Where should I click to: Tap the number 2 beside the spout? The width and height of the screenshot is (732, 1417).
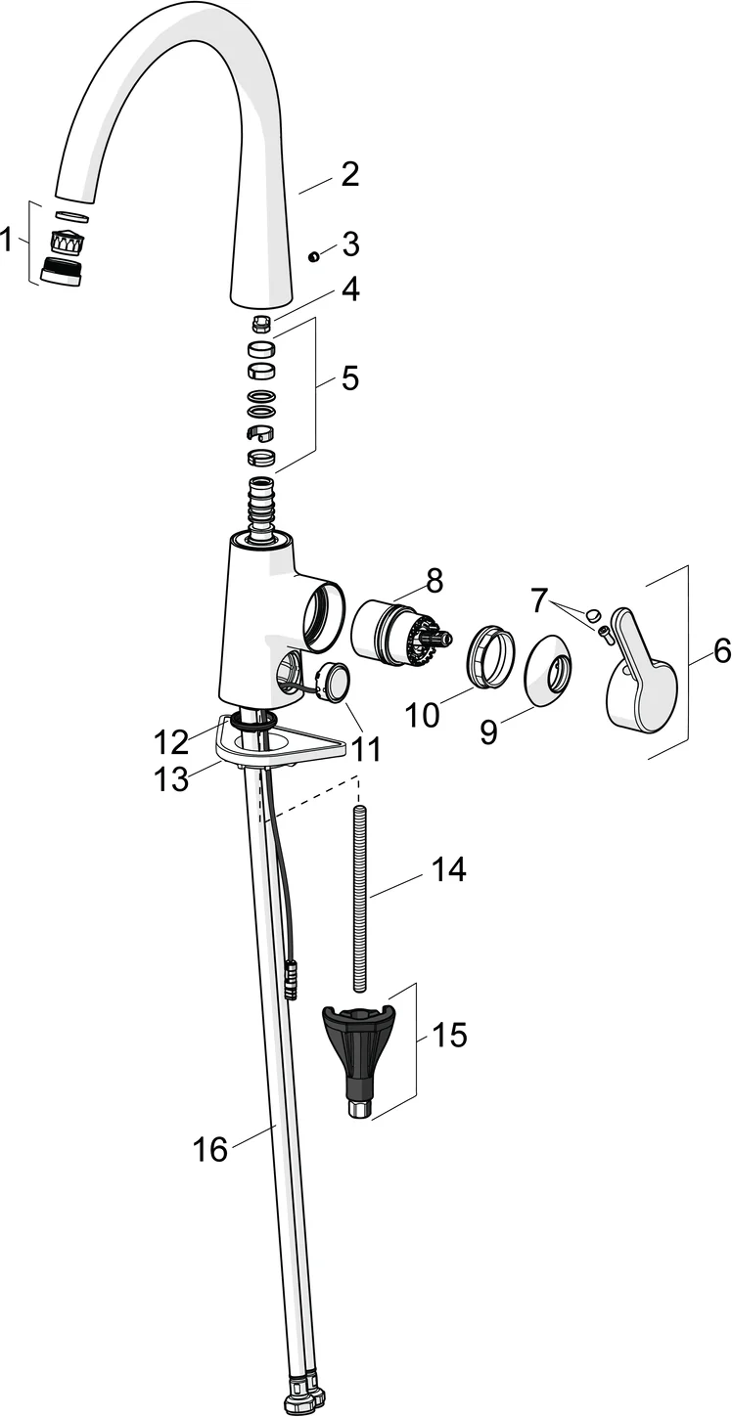(349, 175)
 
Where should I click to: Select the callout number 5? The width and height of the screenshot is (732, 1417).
(349, 377)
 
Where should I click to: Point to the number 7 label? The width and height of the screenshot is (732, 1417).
(539, 601)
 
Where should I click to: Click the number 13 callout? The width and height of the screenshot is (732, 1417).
(172, 777)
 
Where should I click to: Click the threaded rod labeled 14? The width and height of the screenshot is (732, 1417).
(360, 890)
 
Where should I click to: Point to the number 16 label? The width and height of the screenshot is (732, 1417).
(209, 1149)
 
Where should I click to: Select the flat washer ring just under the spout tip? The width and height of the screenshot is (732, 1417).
(71, 216)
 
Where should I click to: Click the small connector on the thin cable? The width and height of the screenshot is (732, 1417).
(291, 980)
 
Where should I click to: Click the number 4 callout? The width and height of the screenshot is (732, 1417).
(349, 289)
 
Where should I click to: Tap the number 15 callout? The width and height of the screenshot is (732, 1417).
(449, 1036)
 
